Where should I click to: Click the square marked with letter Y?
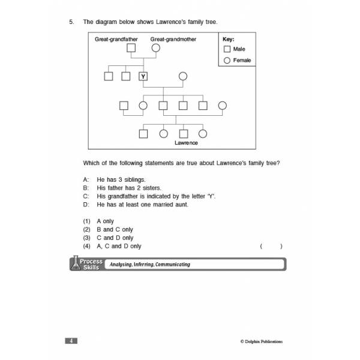point(143,76)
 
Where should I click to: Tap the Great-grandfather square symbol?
point(131,48)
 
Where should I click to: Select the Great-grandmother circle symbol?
point(156,48)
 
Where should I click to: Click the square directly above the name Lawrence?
point(183,134)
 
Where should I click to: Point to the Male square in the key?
point(227,49)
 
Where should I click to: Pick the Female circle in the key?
point(227,61)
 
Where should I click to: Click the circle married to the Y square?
point(183,76)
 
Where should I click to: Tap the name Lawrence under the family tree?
point(186,143)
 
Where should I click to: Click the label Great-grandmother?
point(173,39)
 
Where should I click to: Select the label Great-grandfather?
point(116,39)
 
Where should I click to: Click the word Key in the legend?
point(229,39)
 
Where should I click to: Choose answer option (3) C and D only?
point(108,238)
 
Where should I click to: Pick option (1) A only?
point(98,221)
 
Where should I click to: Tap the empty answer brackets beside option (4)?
point(271,247)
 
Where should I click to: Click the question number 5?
point(71,22)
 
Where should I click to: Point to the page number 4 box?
point(71,341)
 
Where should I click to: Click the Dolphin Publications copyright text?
point(262,341)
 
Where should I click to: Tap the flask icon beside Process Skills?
point(76,263)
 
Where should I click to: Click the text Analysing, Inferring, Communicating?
point(150,265)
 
